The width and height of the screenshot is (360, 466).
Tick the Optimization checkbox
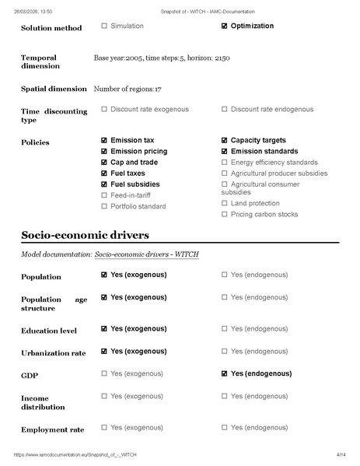pos(225,26)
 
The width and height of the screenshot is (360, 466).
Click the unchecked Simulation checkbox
pos(104,26)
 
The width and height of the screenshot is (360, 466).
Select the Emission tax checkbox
pos(104,141)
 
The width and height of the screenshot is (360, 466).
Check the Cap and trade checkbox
pos(104,163)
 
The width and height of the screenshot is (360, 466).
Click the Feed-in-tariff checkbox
pos(104,195)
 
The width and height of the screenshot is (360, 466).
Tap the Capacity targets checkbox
pos(225,141)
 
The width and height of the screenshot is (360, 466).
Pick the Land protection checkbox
pos(225,203)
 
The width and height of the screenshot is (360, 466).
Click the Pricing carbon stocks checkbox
pos(225,214)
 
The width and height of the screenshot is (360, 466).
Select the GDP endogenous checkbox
pos(225,373)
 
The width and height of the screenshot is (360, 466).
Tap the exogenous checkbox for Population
pos(104,275)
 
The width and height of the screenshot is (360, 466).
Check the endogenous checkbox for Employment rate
pos(225,427)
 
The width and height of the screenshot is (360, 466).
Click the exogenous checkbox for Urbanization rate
pos(104,351)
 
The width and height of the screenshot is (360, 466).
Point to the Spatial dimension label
pos(54,89)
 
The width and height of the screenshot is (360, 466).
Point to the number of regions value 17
pos(158,89)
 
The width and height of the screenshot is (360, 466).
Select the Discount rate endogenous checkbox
pos(225,110)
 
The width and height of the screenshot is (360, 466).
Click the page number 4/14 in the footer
pos(341,454)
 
